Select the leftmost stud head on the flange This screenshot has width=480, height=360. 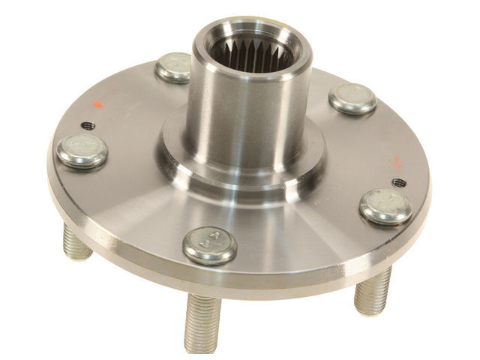(x=82, y=150)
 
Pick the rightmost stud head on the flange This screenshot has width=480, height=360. (x=385, y=205)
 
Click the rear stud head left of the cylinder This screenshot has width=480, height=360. (x=174, y=67)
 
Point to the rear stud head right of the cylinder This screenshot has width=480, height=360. (x=352, y=98)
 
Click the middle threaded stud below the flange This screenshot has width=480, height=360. (x=202, y=322)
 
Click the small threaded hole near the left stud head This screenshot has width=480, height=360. (x=88, y=125)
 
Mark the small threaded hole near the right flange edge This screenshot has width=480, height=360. (x=399, y=182)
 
